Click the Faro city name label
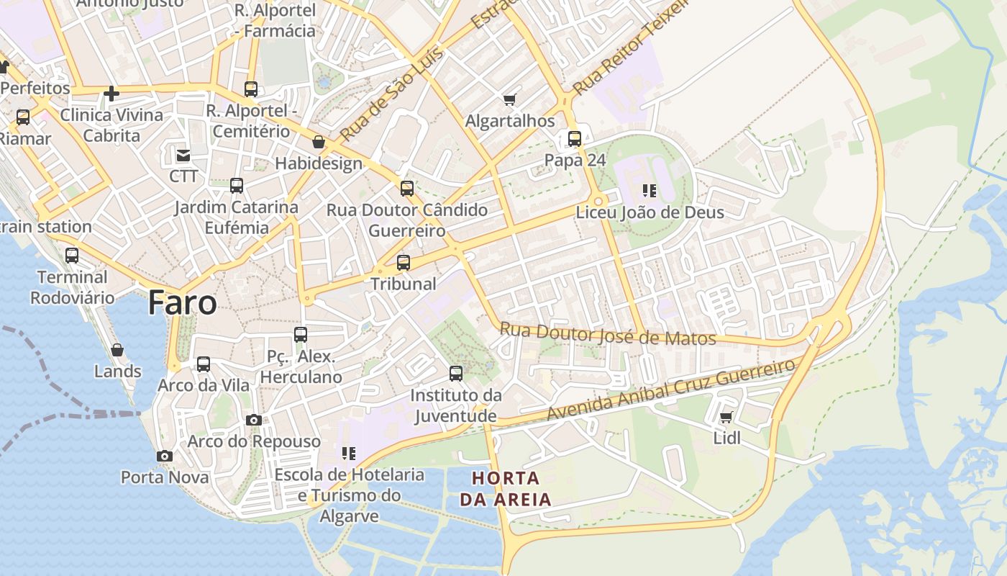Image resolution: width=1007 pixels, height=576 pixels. coord(182,303)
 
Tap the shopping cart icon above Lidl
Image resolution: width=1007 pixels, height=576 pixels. coord(726,418)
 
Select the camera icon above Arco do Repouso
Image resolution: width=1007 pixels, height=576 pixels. coord(253,420)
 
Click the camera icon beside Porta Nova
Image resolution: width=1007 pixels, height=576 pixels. coord(165,456)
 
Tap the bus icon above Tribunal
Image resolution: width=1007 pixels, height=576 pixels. coord(404,263)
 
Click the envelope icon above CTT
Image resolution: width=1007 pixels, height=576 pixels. coord(183,155)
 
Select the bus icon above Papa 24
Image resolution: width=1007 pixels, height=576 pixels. coord(574,139)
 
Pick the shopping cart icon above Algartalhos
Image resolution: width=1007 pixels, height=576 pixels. coord(510,99)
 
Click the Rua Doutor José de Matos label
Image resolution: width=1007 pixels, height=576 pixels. coord(608,335)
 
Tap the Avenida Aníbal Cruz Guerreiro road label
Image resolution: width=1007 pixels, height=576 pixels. coord(670,390)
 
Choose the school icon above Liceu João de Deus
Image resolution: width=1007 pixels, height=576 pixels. coord(650,191)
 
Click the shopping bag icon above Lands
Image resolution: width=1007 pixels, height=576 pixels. coord(117,350)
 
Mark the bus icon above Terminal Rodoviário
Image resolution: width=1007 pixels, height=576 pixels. coord(72,256)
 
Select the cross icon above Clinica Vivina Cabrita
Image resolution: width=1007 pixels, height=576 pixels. coord(111,94)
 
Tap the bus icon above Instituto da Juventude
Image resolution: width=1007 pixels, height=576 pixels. coord(456,374)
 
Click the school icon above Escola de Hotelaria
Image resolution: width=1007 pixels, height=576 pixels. coord(349,454)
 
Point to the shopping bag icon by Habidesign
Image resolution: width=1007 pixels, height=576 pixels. coord(319,143)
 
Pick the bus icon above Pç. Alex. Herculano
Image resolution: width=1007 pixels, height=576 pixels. coord(301,335)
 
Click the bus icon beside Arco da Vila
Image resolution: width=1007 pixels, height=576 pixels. coord(204,364)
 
